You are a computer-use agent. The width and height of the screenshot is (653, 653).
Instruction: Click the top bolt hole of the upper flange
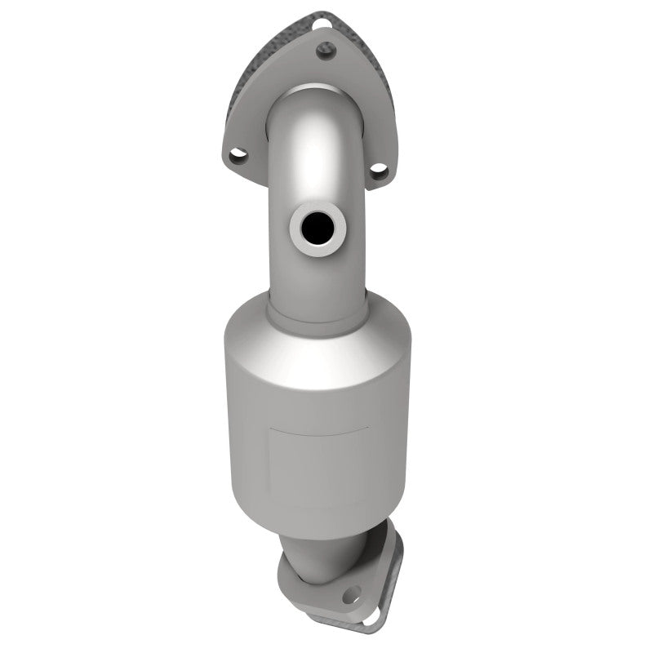pyautogui.click(x=326, y=51)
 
